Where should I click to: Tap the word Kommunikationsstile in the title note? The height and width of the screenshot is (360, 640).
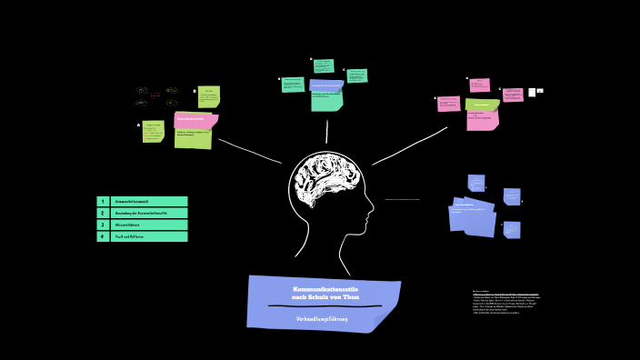click(325, 289)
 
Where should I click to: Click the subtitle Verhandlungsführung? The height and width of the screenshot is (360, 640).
click(322, 319)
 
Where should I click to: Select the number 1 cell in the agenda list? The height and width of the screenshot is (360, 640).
click(103, 201)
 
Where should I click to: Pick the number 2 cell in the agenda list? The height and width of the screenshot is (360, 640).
click(103, 213)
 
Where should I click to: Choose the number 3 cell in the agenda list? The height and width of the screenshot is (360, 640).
click(103, 225)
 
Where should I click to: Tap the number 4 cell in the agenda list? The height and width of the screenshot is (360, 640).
click(103, 236)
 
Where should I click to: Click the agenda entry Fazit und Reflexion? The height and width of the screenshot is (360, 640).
click(148, 236)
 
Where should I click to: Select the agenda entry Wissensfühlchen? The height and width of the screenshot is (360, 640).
click(148, 225)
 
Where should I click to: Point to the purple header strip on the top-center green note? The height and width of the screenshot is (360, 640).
click(326, 85)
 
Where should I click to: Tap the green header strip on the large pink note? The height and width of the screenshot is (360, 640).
click(482, 105)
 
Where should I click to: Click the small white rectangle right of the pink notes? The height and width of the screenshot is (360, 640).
click(532, 92)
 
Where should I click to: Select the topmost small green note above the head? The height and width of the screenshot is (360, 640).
click(324, 65)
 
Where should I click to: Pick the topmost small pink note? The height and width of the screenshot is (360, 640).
click(480, 85)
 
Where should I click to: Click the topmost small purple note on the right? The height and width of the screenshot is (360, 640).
click(476, 182)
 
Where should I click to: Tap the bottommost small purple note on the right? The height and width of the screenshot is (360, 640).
click(512, 229)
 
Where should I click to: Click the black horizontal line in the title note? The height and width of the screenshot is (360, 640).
click(324, 306)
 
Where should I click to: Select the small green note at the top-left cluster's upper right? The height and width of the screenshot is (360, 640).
click(209, 96)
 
